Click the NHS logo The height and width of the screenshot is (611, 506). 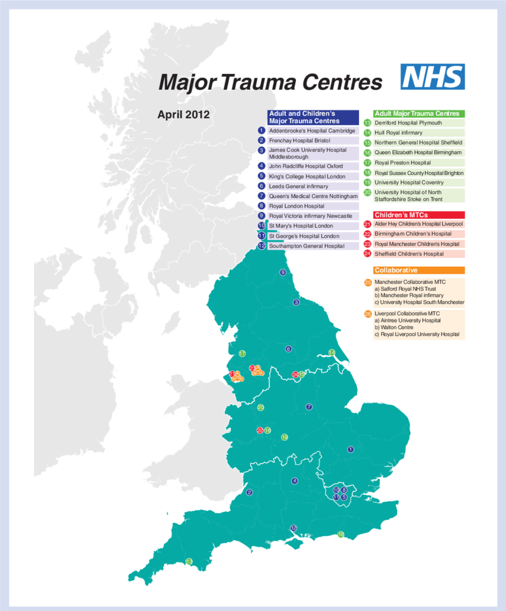click(433, 77)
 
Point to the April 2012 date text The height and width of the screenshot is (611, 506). click(183, 115)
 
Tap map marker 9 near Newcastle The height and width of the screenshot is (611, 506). click(283, 272)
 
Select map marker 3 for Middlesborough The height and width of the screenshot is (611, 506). click(296, 302)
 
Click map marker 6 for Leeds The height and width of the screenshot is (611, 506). click(289, 349)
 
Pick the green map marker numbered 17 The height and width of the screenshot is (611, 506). click(242, 354)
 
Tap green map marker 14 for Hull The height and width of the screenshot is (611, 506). click(332, 353)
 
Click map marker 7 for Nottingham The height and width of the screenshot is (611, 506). click(309, 407)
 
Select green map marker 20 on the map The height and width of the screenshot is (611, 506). click(261, 408)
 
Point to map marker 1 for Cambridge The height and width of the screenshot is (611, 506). click(351, 449)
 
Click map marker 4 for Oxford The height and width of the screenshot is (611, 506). click(294, 481)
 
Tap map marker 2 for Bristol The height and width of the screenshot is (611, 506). click(249, 492)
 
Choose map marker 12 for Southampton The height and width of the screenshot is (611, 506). click(293, 528)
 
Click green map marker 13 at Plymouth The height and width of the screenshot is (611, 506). click(189, 562)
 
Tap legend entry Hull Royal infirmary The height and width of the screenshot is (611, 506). click(398, 133)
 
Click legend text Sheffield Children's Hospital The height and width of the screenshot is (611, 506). click(408, 254)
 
